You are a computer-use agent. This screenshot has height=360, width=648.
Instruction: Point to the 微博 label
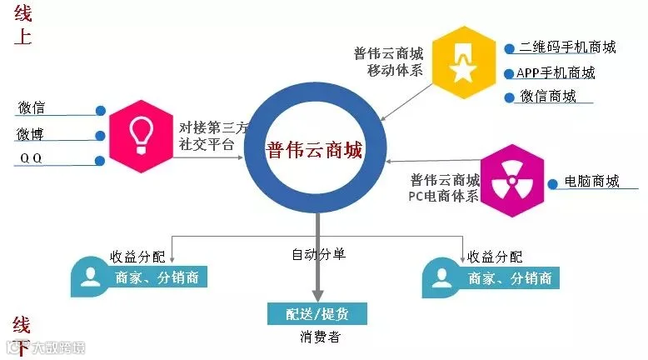click(32, 134)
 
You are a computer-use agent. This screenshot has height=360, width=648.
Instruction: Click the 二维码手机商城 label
click(567, 47)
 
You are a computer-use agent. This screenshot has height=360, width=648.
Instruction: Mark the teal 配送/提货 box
click(317, 314)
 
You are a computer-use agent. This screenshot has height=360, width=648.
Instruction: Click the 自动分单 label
click(317, 255)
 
